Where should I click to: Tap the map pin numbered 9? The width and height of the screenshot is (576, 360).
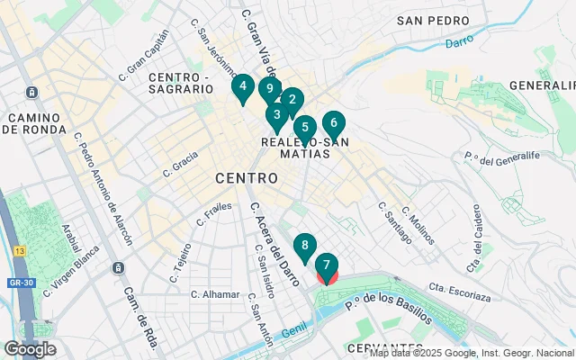(268, 89)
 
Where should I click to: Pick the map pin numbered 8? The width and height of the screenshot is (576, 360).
(305, 246)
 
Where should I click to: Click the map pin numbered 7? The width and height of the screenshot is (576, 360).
(327, 266)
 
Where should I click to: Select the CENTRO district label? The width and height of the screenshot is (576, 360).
(246, 179)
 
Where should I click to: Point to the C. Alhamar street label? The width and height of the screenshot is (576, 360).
(215, 294)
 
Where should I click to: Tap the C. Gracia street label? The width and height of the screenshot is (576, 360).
(180, 162)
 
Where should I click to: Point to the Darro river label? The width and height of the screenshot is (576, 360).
(458, 40)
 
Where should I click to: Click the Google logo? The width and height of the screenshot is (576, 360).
(30, 349)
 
